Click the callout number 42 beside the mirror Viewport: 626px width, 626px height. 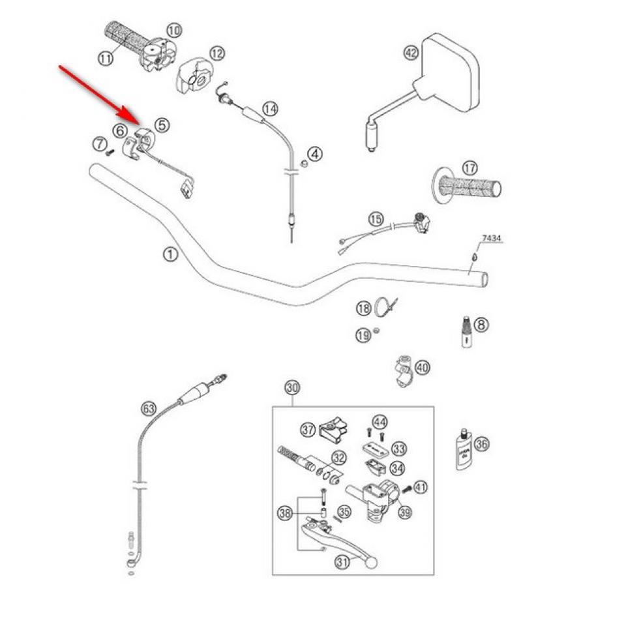click(410, 52)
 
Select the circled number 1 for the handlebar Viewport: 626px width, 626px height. click(170, 254)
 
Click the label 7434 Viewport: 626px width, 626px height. click(492, 239)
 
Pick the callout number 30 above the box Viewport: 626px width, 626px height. click(291, 387)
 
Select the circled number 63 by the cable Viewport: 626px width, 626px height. click(149, 409)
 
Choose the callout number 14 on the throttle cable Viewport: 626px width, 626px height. click(270, 109)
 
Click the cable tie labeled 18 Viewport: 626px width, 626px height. click(386, 306)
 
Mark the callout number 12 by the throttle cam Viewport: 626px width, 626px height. click(216, 53)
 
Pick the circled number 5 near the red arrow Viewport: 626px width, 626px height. click(161, 124)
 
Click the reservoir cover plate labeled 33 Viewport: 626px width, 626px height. click(377, 450)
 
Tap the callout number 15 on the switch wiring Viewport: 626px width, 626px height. click(375, 218)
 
